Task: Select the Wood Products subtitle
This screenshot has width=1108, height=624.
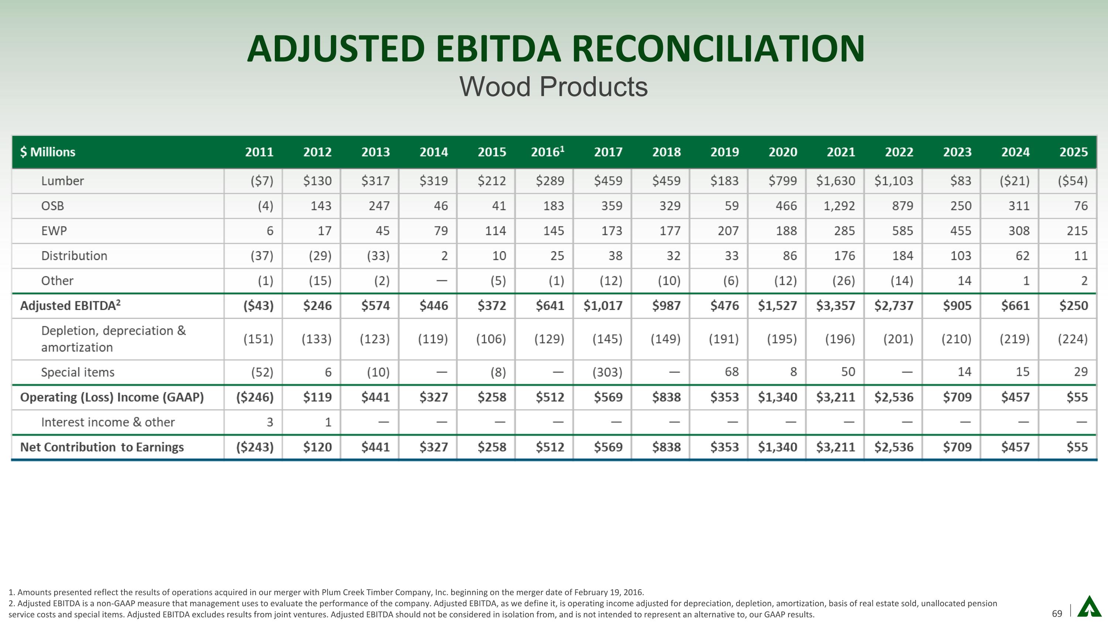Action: [553, 87]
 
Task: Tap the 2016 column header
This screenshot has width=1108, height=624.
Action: [547, 152]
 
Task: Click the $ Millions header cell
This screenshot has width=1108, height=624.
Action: [48, 152]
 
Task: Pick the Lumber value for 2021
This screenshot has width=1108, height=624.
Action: [835, 181]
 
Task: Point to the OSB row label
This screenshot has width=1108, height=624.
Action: [52, 206]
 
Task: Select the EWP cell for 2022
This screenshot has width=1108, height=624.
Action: [902, 231]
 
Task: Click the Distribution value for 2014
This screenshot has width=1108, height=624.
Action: [444, 256]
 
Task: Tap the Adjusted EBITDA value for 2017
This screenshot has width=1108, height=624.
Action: [603, 306]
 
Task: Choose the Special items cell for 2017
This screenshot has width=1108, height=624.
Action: [607, 372]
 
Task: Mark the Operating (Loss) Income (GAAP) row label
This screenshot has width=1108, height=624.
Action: [112, 397]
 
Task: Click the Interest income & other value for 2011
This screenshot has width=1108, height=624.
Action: [270, 422]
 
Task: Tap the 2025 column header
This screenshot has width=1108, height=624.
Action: [1073, 152]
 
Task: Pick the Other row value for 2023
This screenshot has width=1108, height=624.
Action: [964, 281]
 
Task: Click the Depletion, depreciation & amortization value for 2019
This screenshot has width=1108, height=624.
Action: [724, 339]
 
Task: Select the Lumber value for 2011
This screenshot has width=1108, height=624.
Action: [262, 181]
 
